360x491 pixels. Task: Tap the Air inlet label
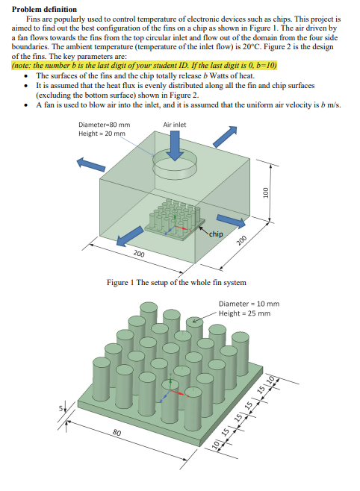click(x=174, y=124)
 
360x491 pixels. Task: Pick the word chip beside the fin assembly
click(x=216, y=234)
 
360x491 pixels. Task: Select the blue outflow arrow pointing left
click(x=90, y=166)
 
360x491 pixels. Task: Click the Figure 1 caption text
click(x=176, y=282)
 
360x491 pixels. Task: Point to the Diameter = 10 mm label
click(x=249, y=304)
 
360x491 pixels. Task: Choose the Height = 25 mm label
click(x=244, y=313)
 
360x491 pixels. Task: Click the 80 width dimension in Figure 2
click(x=117, y=432)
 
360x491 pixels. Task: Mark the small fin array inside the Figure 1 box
click(x=170, y=219)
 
